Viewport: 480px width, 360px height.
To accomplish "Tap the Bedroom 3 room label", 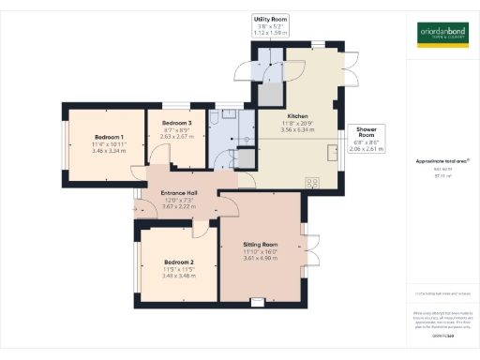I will [x=176, y=124].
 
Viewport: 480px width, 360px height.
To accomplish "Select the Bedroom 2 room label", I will [x=178, y=262].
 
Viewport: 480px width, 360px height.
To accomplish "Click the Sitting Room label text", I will [x=262, y=245].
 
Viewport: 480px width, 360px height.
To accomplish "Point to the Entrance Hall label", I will [x=178, y=193].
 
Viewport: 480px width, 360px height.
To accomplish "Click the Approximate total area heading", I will [x=441, y=161].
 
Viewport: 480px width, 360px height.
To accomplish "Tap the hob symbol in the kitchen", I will [x=312, y=183].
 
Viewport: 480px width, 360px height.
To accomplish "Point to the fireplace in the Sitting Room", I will [x=255, y=301].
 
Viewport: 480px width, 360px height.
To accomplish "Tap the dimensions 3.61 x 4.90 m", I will [x=262, y=258].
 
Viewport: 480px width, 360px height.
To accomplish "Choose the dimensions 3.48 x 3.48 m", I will [x=178, y=275].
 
